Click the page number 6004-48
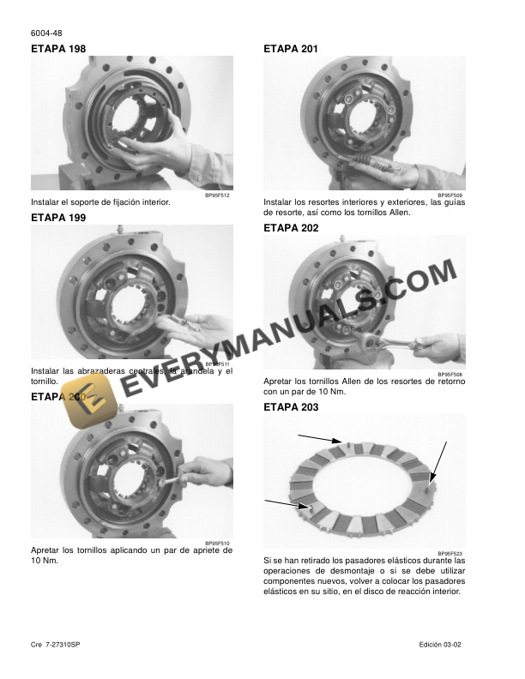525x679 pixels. point(45,33)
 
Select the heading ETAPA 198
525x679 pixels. point(58,49)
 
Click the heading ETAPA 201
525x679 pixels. point(291,49)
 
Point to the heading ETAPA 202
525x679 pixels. point(291,228)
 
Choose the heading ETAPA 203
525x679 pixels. point(291,407)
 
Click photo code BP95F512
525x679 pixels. point(219,195)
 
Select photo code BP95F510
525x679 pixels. point(219,543)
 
